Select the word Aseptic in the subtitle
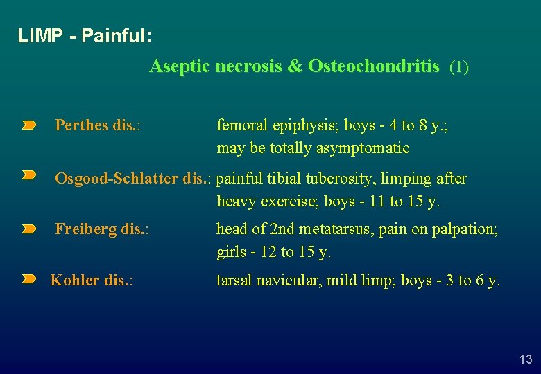click(x=179, y=66)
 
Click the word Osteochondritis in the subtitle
click(x=373, y=66)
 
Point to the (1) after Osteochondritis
click(x=459, y=67)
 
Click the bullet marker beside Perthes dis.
click(x=28, y=125)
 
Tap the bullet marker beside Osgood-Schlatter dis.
click(x=28, y=177)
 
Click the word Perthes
click(x=81, y=125)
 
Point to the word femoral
click(x=239, y=125)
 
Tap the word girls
click(x=231, y=252)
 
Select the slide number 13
click(x=526, y=359)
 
